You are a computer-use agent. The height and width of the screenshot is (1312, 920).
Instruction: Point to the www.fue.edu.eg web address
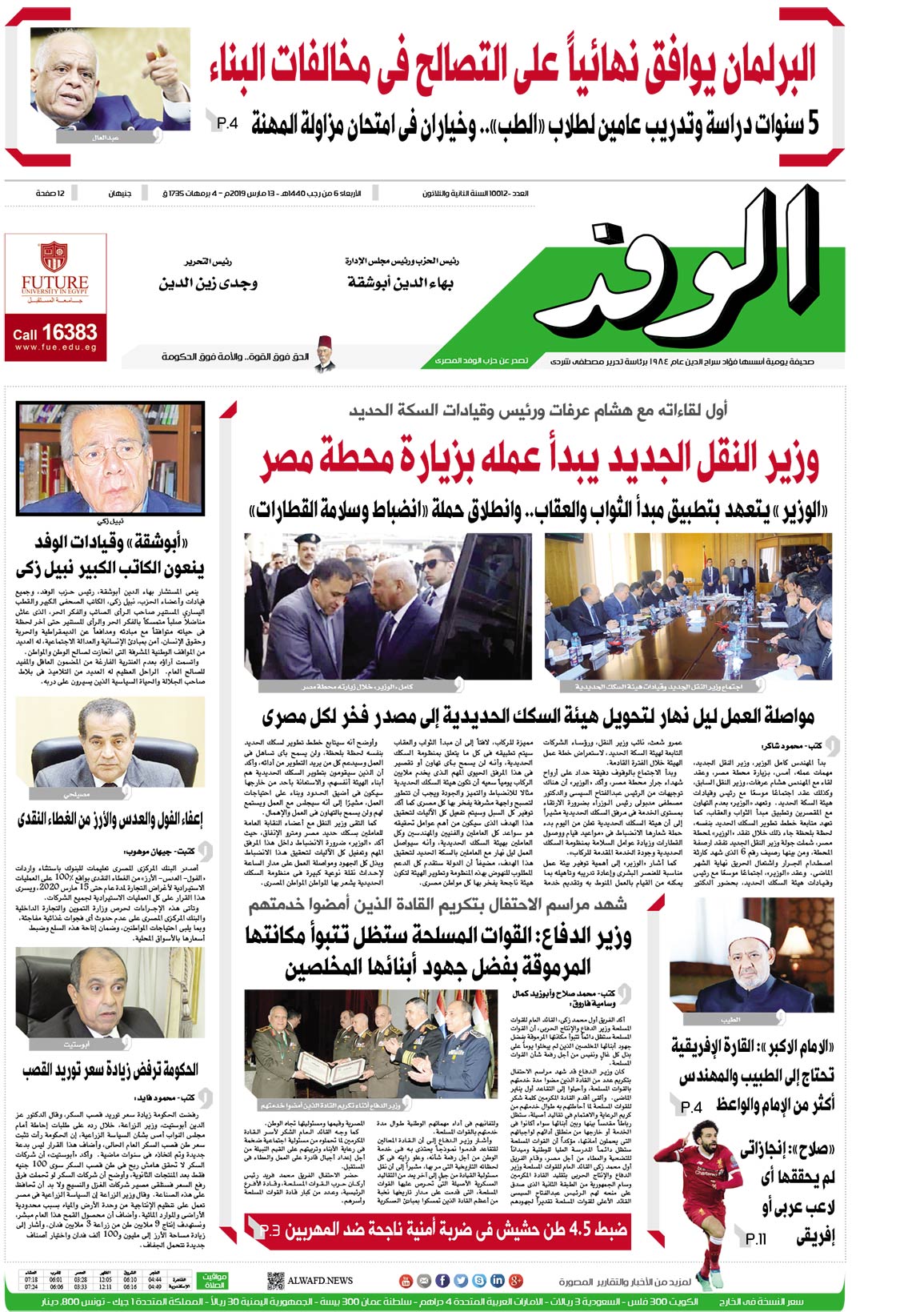pos(55,347)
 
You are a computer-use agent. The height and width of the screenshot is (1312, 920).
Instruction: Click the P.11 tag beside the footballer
pos(755,1239)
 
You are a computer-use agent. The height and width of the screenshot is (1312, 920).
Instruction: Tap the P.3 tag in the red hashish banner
pos(270,1230)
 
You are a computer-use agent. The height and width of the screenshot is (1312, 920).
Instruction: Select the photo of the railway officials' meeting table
pos(688,606)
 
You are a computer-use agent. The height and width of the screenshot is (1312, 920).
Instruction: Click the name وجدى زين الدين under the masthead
pos(208,283)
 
